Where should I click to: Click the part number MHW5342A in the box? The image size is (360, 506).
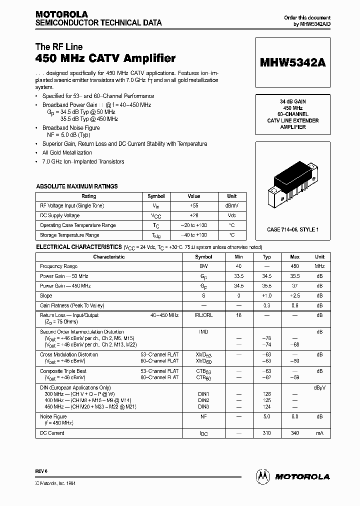[292, 62]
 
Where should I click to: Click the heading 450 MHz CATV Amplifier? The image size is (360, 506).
[105, 58]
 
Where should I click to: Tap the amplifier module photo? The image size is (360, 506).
[292, 182]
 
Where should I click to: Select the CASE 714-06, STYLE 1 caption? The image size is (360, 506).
[292, 229]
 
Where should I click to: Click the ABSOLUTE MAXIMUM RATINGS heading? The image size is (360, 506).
[77, 186]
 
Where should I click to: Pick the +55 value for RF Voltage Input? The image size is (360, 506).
[194, 206]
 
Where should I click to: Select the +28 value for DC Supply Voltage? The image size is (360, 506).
[194, 215]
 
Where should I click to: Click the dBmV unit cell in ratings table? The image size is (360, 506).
[232, 206]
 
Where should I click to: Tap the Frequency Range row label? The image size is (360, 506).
[58, 266]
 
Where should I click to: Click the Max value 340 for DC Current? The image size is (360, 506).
[295, 433]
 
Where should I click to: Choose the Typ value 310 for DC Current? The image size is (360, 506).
[267, 433]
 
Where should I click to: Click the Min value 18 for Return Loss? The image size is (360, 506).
[238, 315]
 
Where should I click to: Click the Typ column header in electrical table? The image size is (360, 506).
[267, 257]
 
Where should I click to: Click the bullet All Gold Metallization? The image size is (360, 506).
[67, 152]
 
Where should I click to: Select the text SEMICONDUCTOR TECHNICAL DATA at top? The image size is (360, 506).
[98, 23]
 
